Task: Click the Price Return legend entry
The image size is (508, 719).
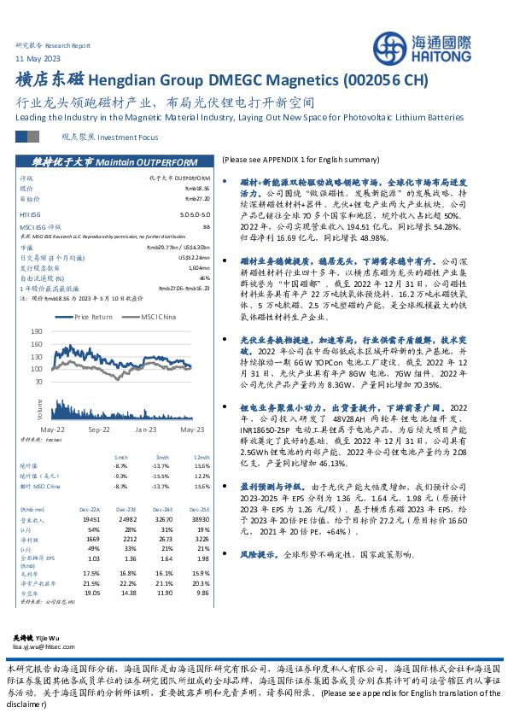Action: click(x=91, y=317)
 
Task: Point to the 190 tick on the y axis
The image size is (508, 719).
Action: click(x=36, y=330)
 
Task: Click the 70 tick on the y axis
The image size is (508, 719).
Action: click(x=38, y=382)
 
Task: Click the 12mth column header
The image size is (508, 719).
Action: click(x=201, y=457)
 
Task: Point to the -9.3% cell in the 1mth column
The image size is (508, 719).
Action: click(x=120, y=476)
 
